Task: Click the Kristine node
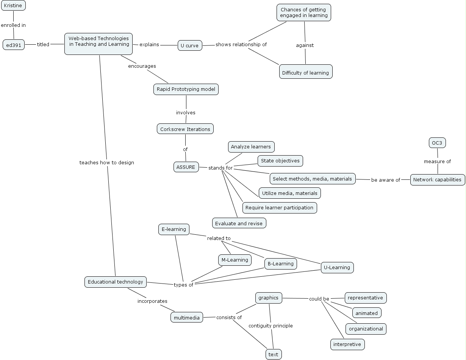coord(13,5)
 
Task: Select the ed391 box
coord(14,45)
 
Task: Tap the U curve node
coord(190,45)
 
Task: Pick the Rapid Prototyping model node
coord(186,89)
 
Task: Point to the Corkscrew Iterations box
coord(185,129)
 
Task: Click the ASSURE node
coord(186,167)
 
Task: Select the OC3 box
coord(437,143)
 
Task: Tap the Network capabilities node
coord(438,179)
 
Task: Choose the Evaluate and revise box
coord(239,223)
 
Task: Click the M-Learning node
coord(235,260)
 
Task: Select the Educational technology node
coord(116,282)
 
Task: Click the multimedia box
coord(187,318)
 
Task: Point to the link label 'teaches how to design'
coord(107,163)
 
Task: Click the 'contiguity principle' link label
coord(271,326)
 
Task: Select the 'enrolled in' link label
coord(13,25)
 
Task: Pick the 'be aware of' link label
coord(386,180)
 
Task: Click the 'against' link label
coord(305,45)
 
